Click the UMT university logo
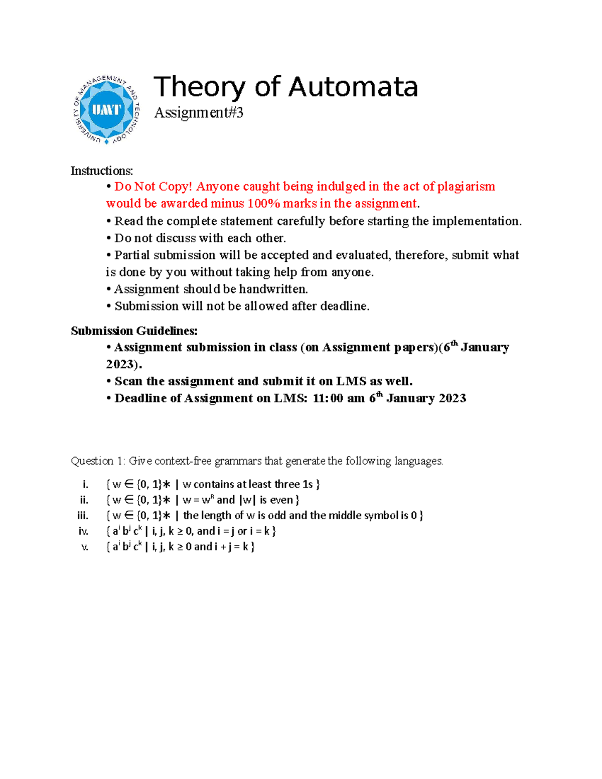106,110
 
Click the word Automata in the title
353,87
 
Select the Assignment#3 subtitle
199,113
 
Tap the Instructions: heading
102,171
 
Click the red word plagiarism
466,187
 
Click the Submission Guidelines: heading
134,331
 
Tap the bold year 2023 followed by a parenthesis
120,364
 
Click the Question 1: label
97,461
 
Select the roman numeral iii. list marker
83,516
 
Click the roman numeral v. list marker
85,547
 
